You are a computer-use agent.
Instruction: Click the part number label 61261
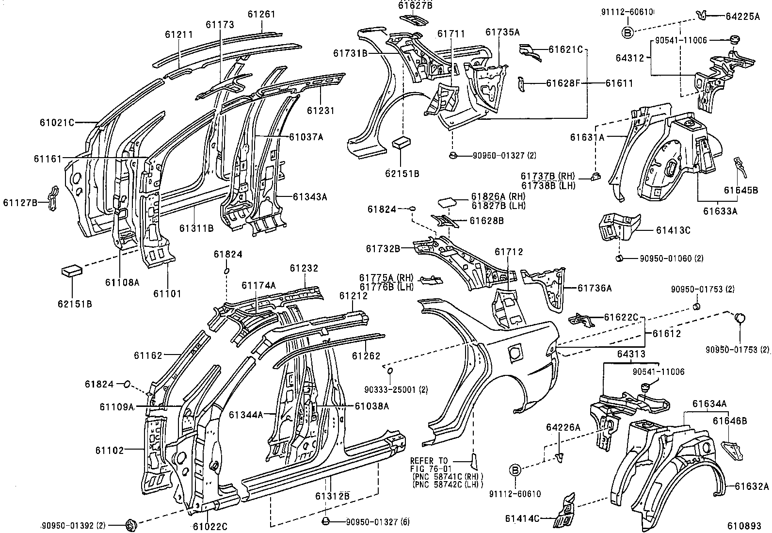261,14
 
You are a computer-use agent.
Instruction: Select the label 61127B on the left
20,202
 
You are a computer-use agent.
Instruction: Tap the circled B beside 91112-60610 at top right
627,32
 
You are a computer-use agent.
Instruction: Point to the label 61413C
673,230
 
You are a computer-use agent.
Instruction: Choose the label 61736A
595,288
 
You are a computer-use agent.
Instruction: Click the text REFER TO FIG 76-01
429,465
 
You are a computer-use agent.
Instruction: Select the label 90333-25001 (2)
397,389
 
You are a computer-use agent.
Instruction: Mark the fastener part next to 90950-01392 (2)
131,524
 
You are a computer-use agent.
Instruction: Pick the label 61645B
741,190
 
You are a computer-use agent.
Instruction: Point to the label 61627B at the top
415,5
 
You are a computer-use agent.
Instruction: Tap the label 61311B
196,228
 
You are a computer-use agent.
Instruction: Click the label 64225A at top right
742,16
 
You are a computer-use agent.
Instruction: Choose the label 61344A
246,415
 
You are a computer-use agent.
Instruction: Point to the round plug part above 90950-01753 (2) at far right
740,318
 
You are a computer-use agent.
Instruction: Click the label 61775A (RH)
386,278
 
